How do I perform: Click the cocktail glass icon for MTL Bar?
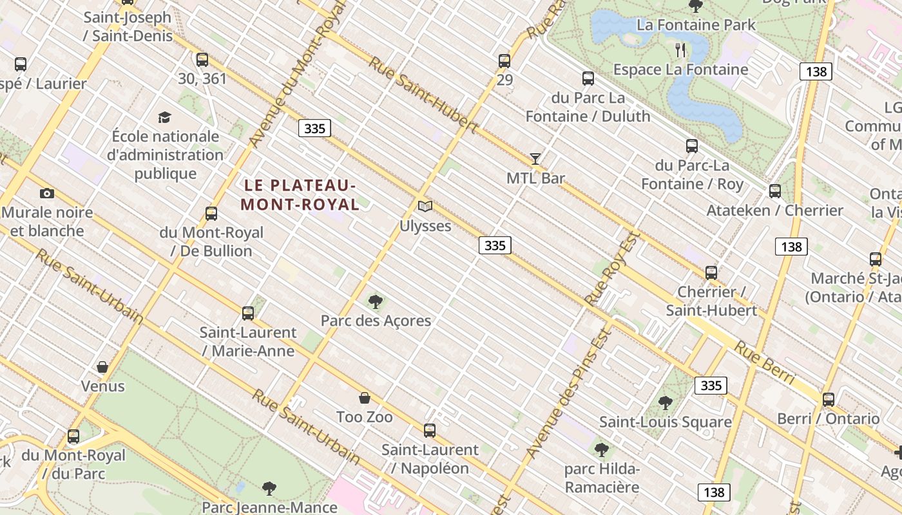point(535,158)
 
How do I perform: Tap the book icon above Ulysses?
point(425,207)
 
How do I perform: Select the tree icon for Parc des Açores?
point(376,301)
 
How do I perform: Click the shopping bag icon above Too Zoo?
point(365,398)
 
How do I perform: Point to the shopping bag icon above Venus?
point(102,367)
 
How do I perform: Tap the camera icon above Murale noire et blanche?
point(46,193)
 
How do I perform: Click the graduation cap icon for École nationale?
point(165,117)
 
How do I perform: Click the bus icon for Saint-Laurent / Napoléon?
point(430,431)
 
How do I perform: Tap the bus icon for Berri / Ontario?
point(829,400)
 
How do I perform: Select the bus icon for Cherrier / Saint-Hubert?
point(711,273)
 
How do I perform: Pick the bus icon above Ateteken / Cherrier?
point(775,191)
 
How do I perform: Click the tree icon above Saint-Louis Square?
point(666,403)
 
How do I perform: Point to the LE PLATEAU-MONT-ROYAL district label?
point(300,194)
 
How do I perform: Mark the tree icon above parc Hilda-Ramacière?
point(602,449)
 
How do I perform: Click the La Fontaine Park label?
point(696,25)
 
